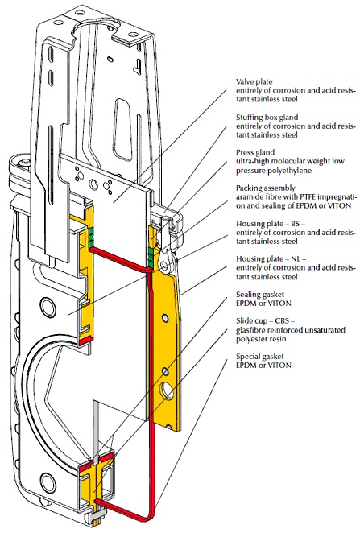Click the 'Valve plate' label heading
(254, 82)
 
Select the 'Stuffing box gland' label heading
(267, 118)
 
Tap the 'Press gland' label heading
(255, 153)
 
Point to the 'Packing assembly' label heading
(266, 188)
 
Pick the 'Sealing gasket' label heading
(260, 295)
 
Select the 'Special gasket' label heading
(259, 357)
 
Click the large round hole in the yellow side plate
(168, 390)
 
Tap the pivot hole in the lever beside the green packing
(165, 265)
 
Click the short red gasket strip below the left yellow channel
(85, 341)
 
